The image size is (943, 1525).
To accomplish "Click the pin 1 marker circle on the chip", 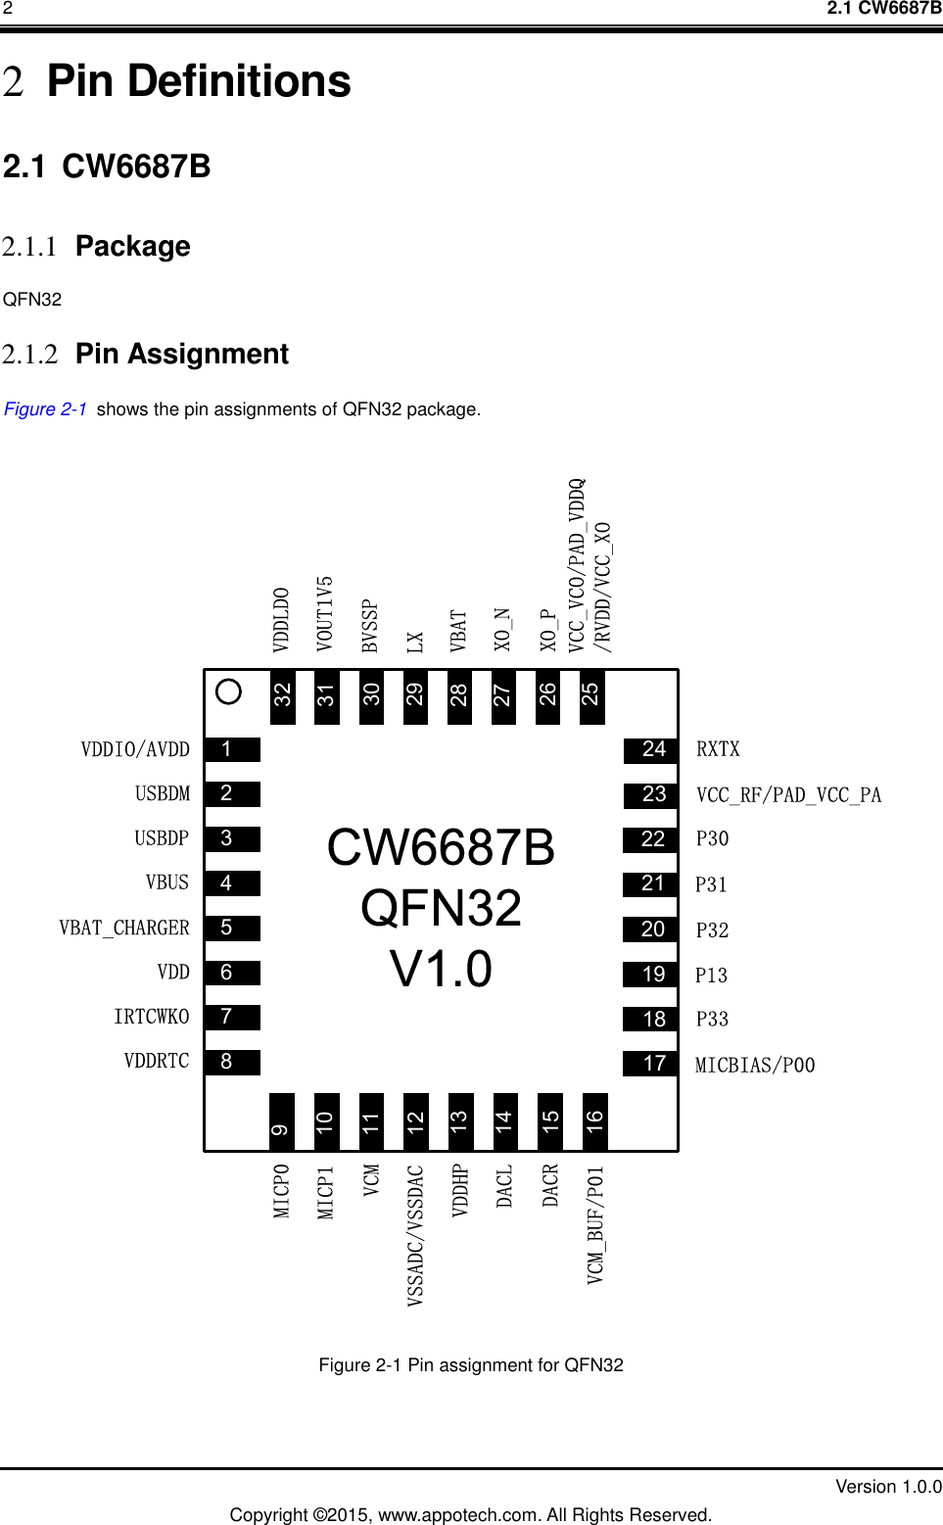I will [228, 691].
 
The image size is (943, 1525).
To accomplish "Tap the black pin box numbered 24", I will [651, 750].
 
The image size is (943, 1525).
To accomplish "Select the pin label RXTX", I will [718, 749].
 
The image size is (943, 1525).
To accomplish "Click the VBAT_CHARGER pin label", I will [124, 928].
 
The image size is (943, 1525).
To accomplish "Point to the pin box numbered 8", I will [232, 1062].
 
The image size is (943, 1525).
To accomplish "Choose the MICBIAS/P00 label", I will [754, 1065].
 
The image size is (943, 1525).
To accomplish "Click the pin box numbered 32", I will [282, 695].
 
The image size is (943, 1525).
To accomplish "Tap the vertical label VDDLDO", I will [281, 619].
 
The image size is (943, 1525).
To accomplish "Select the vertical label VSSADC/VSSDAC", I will [415, 1234].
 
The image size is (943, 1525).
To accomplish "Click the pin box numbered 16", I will [594, 1121].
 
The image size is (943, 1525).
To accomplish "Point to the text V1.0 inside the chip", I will [441, 969].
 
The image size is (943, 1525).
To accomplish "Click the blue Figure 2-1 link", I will [45, 409].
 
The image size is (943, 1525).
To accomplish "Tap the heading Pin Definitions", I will [199, 81].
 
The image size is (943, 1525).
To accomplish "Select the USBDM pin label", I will [163, 793].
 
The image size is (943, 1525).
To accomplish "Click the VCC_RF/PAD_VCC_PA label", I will [788, 794].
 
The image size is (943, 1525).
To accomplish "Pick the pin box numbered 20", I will [651, 929].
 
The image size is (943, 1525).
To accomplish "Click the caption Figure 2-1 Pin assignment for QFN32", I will [471, 1364].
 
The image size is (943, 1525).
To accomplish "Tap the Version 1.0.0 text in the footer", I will [887, 1486].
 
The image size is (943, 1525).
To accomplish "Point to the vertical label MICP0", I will [281, 1190].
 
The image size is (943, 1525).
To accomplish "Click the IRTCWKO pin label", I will [151, 1017].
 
